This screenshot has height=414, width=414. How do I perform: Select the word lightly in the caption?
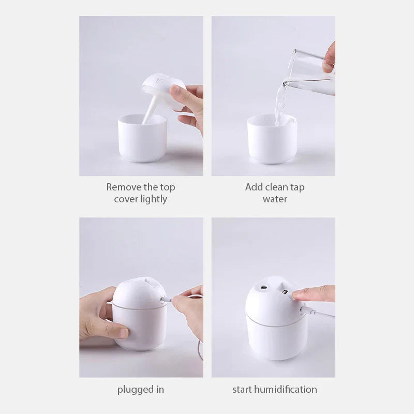(x=154, y=199)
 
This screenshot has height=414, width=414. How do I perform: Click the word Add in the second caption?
(x=254, y=187)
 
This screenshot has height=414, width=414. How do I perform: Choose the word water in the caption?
(x=275, y=199)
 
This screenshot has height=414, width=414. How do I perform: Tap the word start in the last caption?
(x=243, y=389)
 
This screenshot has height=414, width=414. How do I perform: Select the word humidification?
(x=286, y=389)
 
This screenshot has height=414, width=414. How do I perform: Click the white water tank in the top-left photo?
(x=142, y=140)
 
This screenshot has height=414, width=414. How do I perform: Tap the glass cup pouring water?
(x=310, y=70)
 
